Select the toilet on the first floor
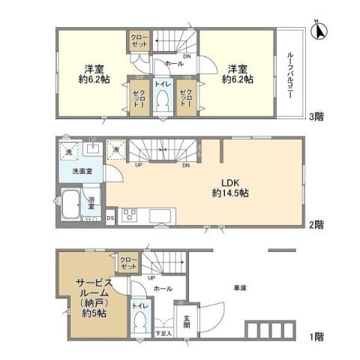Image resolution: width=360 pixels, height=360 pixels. tap(139, 321)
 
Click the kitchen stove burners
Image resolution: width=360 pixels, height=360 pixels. tap(127, 217)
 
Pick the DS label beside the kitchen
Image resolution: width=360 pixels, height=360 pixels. tap(109, 218)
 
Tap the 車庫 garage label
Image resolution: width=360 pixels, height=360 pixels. tap(240, 288)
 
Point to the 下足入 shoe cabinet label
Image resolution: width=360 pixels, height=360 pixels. tap(163, 332)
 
